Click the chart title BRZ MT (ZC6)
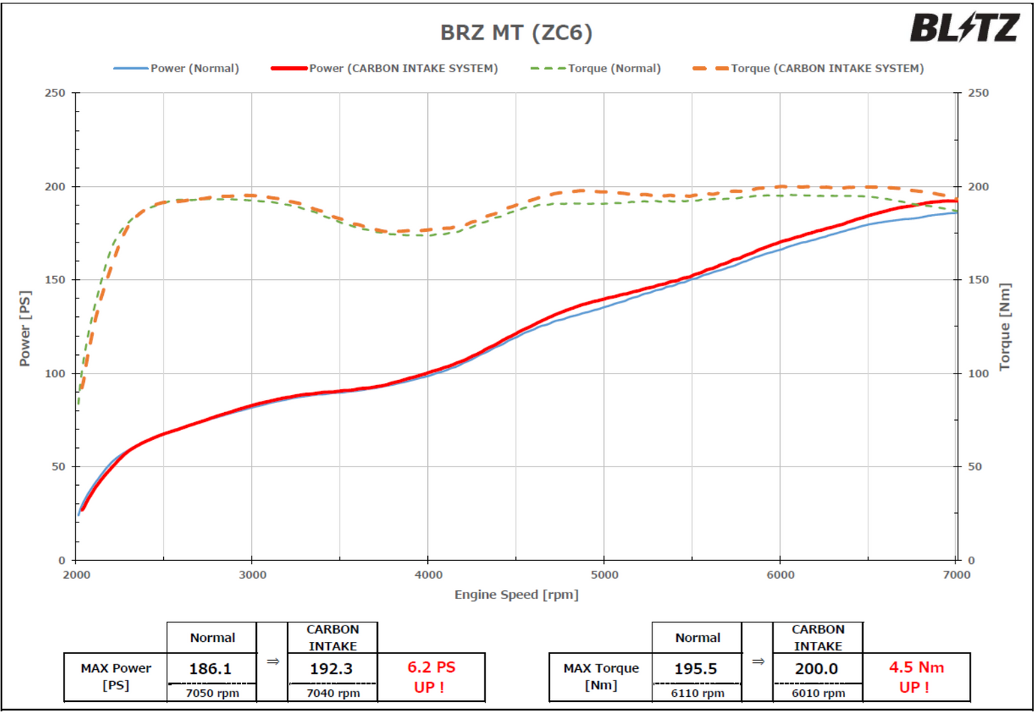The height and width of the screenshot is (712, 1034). click(516, 33)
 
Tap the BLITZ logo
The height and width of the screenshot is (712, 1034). click(964, 29)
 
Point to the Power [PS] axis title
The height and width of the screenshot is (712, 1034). click(25, 328)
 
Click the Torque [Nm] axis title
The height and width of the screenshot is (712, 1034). click(1005, 327)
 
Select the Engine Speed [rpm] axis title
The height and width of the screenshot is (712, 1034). click(516, 595)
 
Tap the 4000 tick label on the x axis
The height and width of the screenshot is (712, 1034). click(429, 575)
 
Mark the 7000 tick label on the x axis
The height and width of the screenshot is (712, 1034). click(957, 575)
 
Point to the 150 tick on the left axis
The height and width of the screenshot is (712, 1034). click(54, 280)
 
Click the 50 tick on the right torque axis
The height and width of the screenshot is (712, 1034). click(975, 467)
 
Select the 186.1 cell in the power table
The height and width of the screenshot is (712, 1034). click(210, 669)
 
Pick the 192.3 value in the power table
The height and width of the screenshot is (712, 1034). click(331, 669)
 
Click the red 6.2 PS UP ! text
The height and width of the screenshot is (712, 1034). click(431, 677)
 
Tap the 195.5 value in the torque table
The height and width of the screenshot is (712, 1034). click(696, 669)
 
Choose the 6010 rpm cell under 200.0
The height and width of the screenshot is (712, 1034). click(818, 693)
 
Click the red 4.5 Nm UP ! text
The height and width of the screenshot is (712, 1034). click(916, 677)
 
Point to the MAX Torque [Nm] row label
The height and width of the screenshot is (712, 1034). click(600, 677)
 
